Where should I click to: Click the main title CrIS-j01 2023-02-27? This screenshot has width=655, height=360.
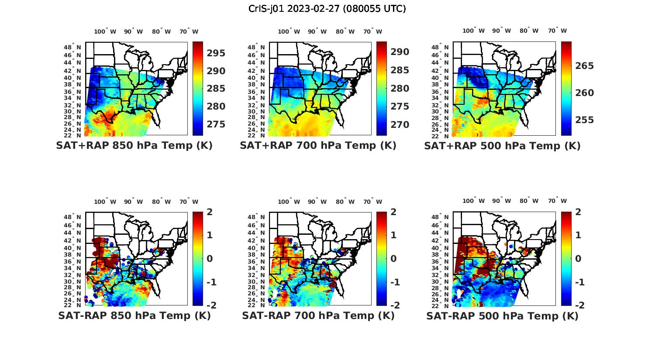coord(327,8)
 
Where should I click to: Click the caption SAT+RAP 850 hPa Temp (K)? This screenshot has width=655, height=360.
coord(134,145)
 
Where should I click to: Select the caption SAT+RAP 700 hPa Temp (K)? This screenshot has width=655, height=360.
coord(318,145)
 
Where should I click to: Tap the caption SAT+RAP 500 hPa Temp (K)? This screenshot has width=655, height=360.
coord(502,146)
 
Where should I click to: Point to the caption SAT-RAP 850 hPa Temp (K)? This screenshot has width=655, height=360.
coord(134,315)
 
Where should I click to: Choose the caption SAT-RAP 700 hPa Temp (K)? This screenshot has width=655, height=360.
coord(318,315)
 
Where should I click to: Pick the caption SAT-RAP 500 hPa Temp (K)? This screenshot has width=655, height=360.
coord(502,316)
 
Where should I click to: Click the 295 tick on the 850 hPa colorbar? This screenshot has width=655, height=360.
coord(216,53)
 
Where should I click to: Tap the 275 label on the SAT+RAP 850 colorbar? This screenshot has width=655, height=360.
coord(216,124)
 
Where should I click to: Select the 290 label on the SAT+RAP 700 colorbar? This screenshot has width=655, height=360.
coord(400,52)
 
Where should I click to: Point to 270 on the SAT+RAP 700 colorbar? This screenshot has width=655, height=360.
coord(400,125)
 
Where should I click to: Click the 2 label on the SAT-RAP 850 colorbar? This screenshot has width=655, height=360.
coord(210,212)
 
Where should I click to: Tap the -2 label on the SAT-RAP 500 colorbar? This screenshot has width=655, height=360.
coord(576,305)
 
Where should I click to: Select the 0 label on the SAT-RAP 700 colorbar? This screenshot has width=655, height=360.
coord(394,258)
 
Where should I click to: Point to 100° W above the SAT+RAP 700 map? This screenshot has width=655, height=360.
coord(289,31)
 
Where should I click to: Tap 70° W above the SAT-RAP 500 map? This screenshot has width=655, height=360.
coord(557,201)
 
